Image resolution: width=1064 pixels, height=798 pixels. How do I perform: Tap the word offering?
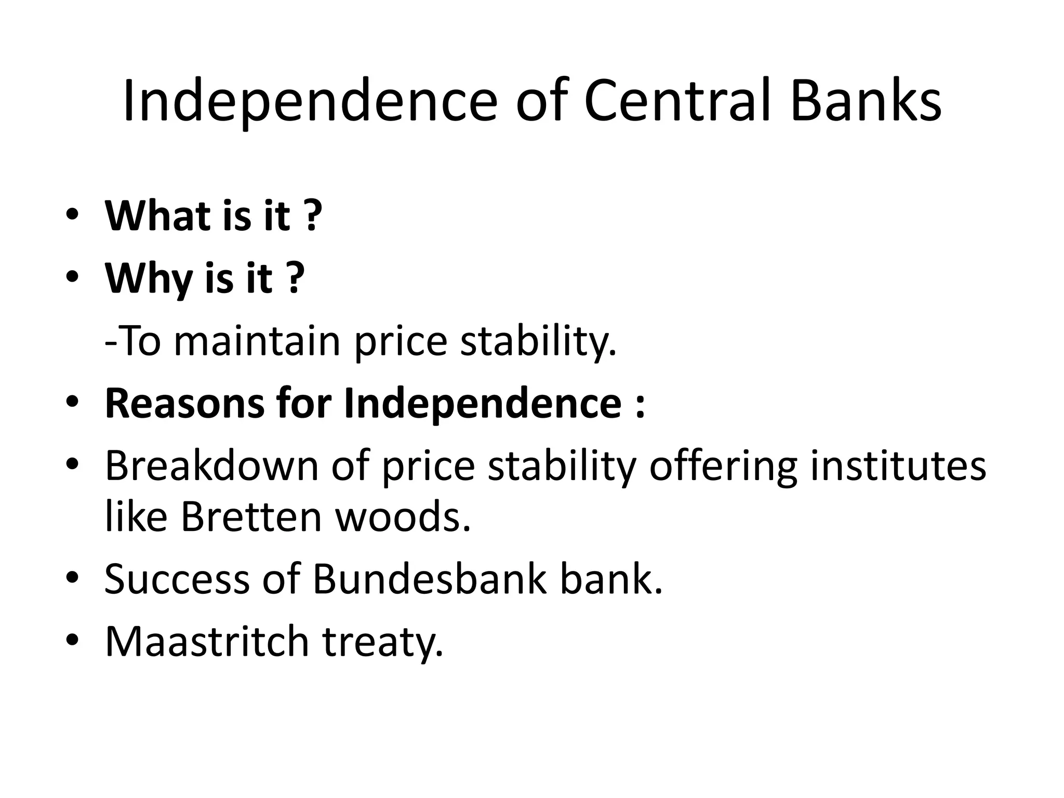[x=723, y=465]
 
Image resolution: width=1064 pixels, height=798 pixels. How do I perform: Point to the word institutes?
[x=898, y=465]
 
